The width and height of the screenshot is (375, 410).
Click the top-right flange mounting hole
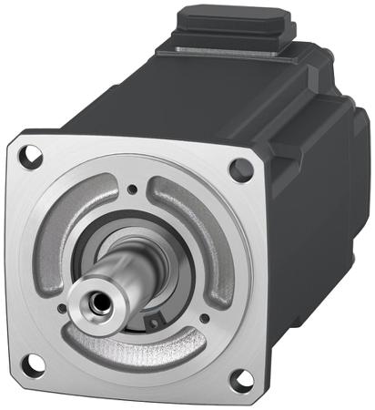click(240, 168)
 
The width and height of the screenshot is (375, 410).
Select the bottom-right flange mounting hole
click(239, 377)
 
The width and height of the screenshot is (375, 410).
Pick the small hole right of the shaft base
click(203, 318)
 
